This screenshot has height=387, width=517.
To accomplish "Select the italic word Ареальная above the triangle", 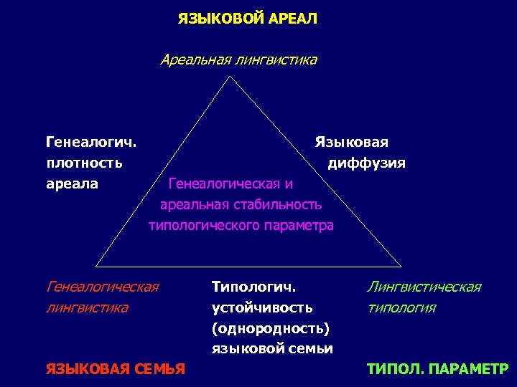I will [193, 59].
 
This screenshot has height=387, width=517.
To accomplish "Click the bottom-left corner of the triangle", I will [96, 266].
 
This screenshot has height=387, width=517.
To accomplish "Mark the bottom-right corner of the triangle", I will [401, 266].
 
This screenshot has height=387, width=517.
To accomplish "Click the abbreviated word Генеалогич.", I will [92, 142].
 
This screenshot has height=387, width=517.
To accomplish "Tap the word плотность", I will [84, 163].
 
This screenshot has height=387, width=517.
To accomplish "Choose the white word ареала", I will [72, 183].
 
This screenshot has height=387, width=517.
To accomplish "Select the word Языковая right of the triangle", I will [351, 142].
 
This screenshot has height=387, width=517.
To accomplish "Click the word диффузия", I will [366, 163].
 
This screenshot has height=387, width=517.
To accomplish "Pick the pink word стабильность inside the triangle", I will [280, 204].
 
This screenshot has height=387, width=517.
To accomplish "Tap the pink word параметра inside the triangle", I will [297, 225].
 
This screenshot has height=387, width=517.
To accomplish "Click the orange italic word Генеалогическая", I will [102, 287].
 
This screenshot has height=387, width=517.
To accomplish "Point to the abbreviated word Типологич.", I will [254, 287].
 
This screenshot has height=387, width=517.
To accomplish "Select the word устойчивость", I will [262, 307].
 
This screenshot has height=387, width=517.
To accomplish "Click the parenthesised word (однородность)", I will [270, 328].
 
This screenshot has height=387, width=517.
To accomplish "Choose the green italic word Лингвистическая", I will [424, 287].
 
